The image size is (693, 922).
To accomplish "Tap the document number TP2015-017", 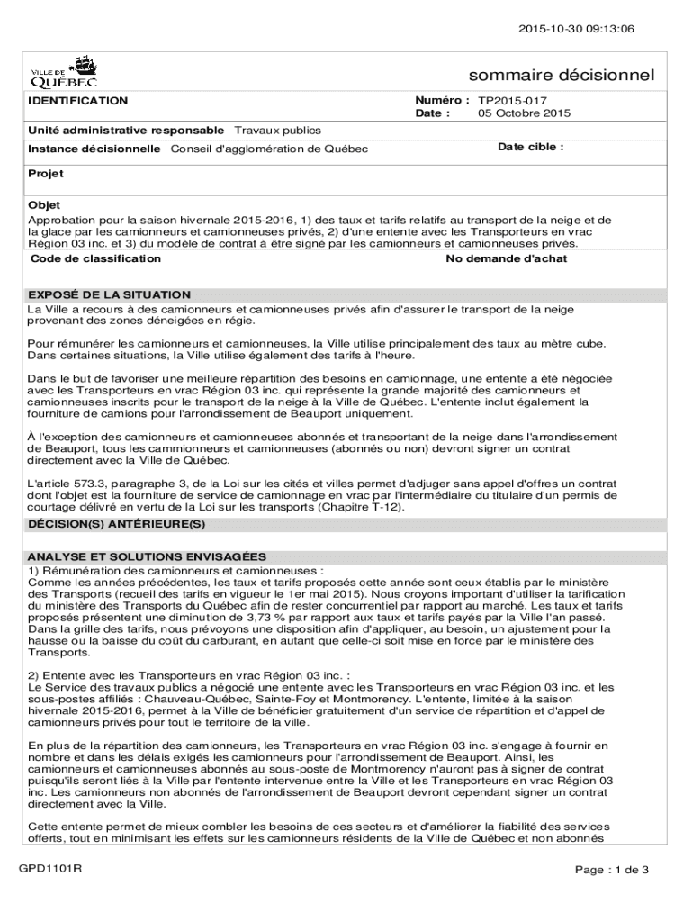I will tap(512, 101).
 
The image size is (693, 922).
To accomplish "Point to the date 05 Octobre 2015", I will tap(524, 113).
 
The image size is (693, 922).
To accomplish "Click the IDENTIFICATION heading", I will tap(77, 101).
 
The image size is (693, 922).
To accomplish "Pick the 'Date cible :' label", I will tap(530, 146).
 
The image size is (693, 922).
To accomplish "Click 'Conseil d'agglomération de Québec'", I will tap(269, 148).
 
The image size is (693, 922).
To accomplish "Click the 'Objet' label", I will tap(44, 205).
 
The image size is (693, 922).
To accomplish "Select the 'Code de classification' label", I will tap(95, 258).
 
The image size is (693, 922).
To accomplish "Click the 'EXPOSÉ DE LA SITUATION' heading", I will tap(109, 294).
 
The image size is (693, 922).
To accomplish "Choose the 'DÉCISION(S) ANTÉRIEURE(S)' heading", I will tap(117, 523).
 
